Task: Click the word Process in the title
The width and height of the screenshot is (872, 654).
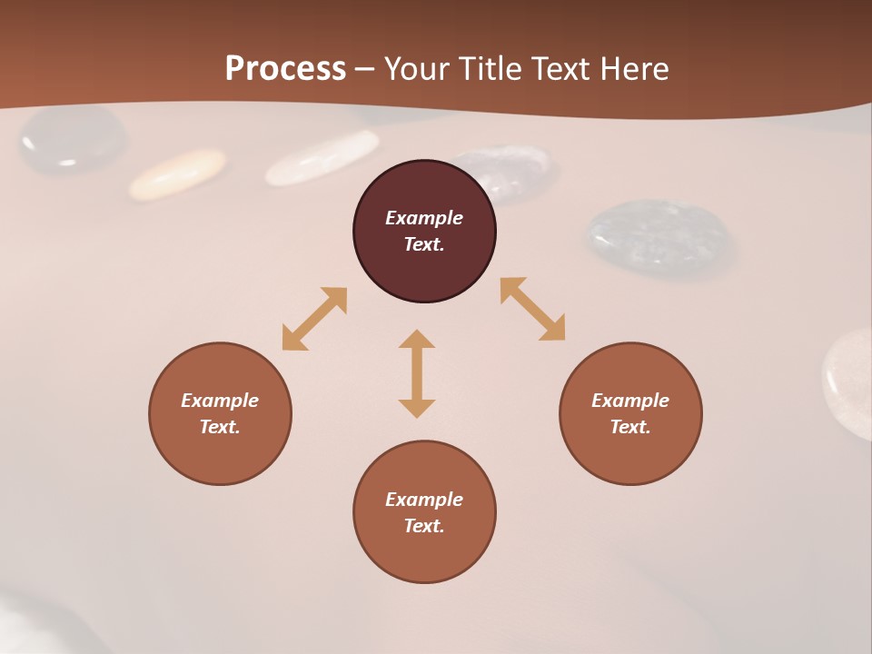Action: coord(285,69)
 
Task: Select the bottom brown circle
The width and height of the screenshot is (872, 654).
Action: coord(424,554)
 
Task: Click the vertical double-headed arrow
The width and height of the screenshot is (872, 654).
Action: coord(417,373)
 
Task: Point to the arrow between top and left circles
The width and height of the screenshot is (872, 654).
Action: coord(314,319)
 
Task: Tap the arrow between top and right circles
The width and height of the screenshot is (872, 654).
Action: coord(532,309)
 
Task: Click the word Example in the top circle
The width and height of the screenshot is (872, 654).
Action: coord(424,218)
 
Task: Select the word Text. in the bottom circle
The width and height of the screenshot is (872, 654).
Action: coord(424,526)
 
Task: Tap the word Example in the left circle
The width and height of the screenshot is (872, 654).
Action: coord(220,401)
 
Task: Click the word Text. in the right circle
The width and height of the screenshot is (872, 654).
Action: coord(630,427)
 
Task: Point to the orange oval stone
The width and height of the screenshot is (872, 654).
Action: coord(177,173)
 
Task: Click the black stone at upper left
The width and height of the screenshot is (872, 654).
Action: coord(73,140)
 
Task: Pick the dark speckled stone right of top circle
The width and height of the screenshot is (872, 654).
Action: coord(659,236)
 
